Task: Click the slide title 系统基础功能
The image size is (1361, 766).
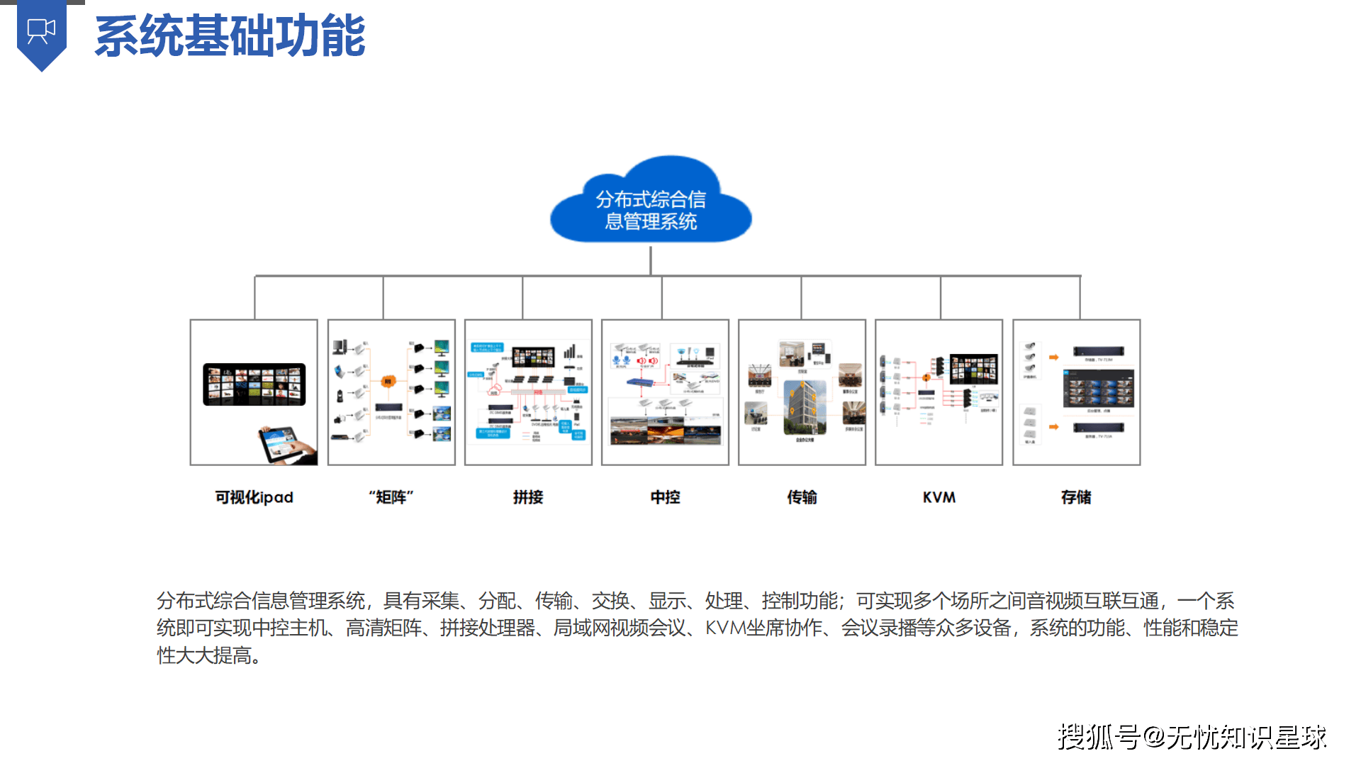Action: coord(230,36)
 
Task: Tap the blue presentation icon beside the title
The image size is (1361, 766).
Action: coord(41,33)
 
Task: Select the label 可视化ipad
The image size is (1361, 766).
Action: coord(254,497)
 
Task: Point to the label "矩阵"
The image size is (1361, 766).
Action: coord(391,497)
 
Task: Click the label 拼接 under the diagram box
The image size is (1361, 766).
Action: coord(528,497)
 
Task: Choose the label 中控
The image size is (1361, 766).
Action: coord(665,497)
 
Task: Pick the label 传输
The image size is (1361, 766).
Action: coord(802,497)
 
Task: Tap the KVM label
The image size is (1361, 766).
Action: coord(939,497)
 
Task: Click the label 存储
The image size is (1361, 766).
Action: coord(1076,497)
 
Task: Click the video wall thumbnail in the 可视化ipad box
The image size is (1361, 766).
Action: coord(254,384)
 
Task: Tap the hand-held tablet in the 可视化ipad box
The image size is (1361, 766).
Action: coord(286,445)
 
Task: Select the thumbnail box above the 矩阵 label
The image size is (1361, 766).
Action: coord(391,392)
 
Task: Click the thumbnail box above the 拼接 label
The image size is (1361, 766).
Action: coord(528,392)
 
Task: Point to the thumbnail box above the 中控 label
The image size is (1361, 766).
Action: coord(665,392)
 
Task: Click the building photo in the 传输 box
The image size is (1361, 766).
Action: coord(804,407)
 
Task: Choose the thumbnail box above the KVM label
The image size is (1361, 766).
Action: coord(939,392)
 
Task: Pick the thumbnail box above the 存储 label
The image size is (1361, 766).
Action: coord(1076,392)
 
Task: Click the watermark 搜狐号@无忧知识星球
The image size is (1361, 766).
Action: coord(1191,737)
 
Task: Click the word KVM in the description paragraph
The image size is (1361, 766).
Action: coord(725,628)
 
